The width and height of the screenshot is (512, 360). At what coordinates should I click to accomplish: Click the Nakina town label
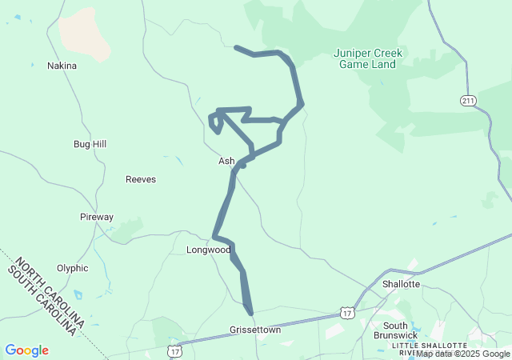click(62, 66)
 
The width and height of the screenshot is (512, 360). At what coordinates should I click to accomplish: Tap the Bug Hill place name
click(90, 144)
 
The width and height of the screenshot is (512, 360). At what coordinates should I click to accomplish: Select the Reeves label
click(141, 179)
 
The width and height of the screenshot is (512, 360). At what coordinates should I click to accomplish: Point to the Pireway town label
click(97, 217)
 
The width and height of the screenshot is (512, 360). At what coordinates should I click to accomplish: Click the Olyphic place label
click(73, 269)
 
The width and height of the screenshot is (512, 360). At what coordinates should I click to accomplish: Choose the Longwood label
click(208, 250)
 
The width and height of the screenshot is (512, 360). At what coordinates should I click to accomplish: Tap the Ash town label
click(226, 161)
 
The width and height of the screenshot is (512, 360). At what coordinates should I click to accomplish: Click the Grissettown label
click(255, 330)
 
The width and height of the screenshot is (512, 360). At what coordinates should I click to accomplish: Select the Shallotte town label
click(401, 284)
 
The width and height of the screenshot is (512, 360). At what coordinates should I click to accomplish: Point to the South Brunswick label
click(395, 330)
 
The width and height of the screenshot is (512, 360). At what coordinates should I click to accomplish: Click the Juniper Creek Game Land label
click(369, 58)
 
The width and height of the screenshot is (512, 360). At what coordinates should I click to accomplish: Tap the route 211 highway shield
click(468, 100)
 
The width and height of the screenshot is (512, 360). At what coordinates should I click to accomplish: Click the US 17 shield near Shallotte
click(346, 313)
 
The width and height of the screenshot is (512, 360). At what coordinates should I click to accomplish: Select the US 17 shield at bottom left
click(174, 351)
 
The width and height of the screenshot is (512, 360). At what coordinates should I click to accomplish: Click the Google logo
click(26, 350)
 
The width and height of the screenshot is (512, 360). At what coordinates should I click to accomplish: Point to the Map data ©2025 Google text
click(462, 354)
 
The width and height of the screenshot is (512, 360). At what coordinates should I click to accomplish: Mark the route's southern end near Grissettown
click(250, 313)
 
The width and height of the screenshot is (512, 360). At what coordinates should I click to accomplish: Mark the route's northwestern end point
click(235, 48)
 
